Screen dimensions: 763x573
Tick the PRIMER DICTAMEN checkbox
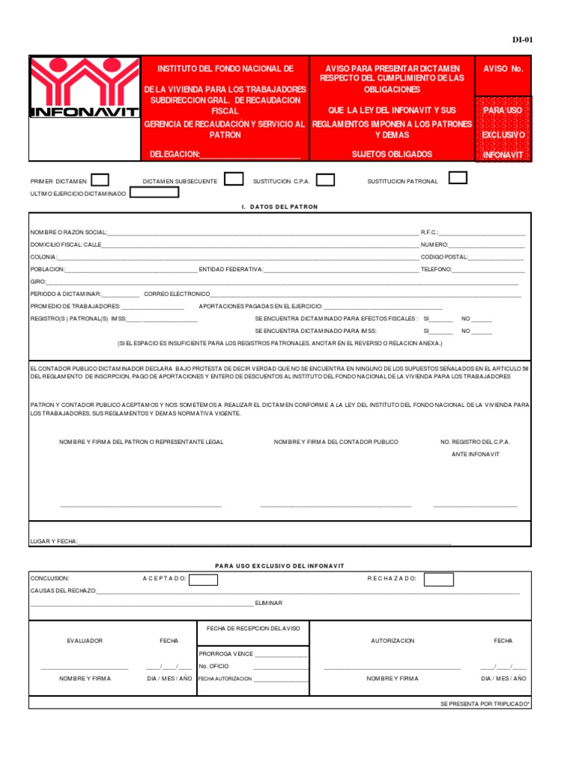(100, 180)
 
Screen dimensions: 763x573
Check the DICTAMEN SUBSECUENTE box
(234, 179)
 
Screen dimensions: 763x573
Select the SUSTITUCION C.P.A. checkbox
(325, 180)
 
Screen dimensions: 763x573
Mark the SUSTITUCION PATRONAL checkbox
(457, 177)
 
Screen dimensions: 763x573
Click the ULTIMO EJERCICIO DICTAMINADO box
(154, 192)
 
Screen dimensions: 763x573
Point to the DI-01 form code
(522, 40)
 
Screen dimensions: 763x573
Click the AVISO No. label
(504, 69)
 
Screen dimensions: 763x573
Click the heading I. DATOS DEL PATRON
(280, 206)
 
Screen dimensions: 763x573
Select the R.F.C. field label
(430, 232)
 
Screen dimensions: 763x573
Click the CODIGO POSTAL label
(444, 256)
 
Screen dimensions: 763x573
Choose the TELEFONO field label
(436, 269)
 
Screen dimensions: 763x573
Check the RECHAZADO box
(438, 579)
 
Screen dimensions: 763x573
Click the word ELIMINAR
(269, 603)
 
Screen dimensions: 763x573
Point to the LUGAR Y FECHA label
(53, 541)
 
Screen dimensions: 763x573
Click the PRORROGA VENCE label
(226, 653)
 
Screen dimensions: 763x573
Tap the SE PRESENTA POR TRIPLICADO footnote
(485, 703)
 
